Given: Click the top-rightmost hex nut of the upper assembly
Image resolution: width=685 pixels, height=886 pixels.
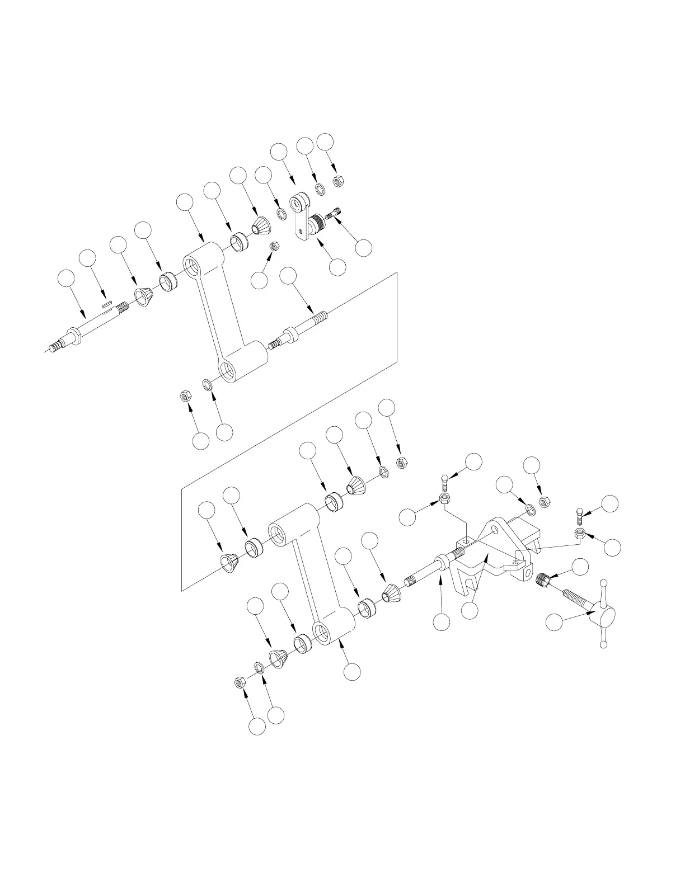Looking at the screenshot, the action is pos(338,181).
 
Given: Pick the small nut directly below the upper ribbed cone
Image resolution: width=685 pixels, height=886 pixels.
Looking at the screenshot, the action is pos(274,247).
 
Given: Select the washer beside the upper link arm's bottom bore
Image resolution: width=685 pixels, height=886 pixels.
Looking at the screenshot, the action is pos(208,385).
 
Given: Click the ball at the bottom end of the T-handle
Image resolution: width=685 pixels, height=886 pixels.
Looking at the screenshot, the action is pos(603,644).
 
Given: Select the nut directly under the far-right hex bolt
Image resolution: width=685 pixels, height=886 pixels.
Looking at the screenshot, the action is pos(580,534).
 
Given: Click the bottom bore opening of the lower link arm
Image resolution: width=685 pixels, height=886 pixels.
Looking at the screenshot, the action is pos(322,634).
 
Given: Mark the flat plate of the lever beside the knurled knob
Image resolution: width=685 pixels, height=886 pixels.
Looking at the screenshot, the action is pos(301,232).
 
